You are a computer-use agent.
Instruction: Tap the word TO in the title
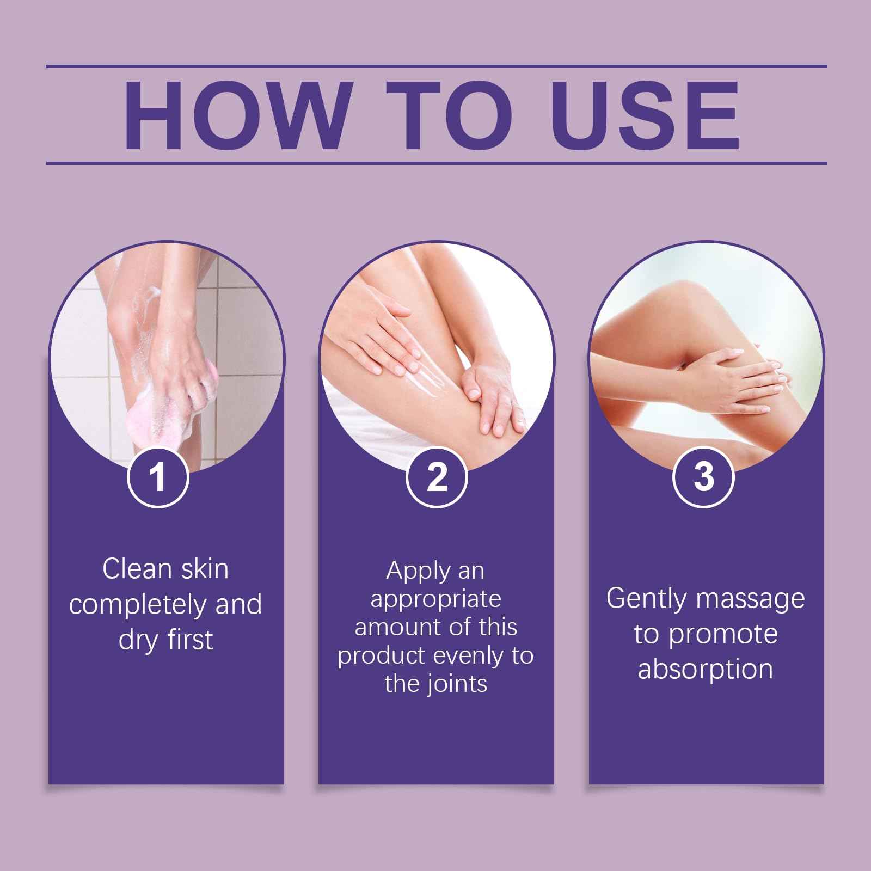point(450,115)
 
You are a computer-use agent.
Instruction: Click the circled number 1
point(158,477)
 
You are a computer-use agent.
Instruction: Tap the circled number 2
point(437,477)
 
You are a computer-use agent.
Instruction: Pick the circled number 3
point(703,477)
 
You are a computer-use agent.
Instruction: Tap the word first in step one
point(190,639)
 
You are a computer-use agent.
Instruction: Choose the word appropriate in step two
point(436,599)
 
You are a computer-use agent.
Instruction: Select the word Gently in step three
point(647,599)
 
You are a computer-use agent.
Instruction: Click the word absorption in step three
point(706,669)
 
